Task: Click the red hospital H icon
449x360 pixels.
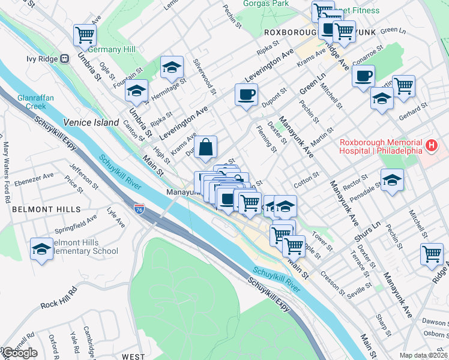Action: tap(430, 145)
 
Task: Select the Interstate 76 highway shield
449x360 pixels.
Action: tap(139, 208)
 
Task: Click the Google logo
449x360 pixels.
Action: tap(19, 353)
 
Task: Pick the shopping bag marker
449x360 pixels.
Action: tap(205, 147)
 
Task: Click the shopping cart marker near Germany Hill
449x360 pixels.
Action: tap(85, 34)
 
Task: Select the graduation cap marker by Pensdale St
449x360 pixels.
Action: tap(392, 179)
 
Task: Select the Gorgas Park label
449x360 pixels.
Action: tap(266, 3)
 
